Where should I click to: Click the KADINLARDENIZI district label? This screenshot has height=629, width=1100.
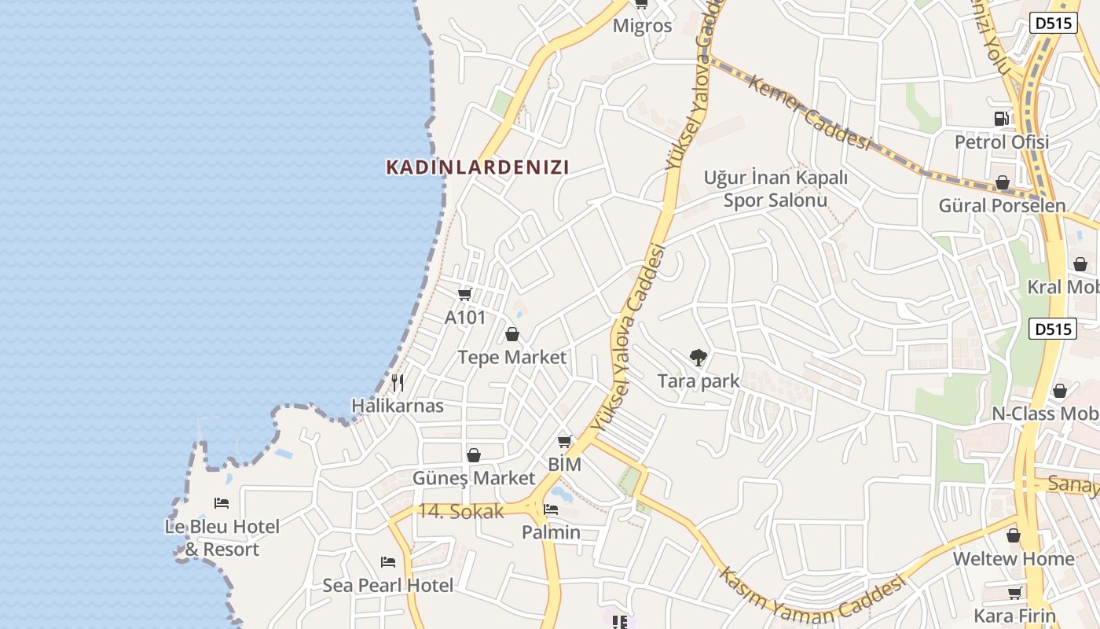(477, 167)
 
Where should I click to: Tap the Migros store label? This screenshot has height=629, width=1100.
(642, 26)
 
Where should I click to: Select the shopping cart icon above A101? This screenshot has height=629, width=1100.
(464, 294)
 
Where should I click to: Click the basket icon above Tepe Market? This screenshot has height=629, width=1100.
(512, 335)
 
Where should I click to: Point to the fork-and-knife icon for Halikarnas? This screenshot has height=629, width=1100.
(398, 383)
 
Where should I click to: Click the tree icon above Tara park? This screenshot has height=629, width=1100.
(698, 358)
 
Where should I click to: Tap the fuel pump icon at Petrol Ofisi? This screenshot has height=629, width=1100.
(1001, 119)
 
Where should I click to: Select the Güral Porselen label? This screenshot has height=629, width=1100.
(1002, 206)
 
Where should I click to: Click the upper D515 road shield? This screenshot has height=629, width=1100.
(1053, 24)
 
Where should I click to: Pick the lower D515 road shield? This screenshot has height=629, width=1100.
(1053, 329)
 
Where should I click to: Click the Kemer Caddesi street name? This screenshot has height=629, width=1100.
(809, 112)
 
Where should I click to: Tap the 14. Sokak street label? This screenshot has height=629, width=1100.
(460, 511)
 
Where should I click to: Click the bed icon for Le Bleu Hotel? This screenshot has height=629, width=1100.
(222, 503)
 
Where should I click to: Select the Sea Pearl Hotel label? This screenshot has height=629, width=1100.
(388, 586)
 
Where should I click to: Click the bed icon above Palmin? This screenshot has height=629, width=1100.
(551, 509)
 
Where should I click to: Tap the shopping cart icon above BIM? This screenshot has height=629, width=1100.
(564, 442)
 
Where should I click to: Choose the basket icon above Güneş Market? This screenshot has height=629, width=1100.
(474, 455)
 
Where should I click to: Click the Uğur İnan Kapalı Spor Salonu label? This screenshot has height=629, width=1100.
(775, 189)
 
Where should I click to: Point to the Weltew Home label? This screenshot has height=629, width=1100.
(1013, 559)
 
